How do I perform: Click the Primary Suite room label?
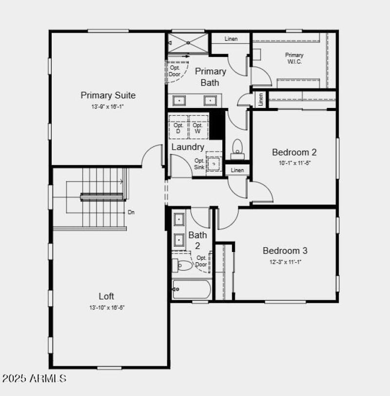coord(108,95)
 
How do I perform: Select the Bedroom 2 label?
coord(294,152)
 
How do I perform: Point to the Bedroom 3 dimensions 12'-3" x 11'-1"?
coord(285,262)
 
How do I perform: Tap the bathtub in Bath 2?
coord(192,289)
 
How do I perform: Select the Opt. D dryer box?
coord(178,128)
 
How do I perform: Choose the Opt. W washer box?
coord(198,128)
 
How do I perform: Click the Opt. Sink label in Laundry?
coord(199,164)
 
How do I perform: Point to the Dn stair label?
coord(131,213)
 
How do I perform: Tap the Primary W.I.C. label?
coord(294,58)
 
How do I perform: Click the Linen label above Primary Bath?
coord(231,39)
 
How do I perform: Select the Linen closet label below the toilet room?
coord(237,170)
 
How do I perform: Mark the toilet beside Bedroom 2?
coord(237,149)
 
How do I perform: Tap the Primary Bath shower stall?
coord(188,43)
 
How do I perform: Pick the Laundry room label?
coord(188,147)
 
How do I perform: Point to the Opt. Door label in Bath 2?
coord(201,261)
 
